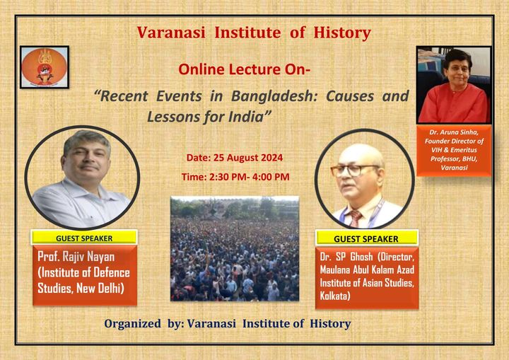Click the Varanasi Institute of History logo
(x=45, y=67)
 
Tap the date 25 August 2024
(x=248, y=158)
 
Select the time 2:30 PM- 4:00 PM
(x=250, y=177)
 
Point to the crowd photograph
(x=235, y=248)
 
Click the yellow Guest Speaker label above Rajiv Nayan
(x=84, y=238)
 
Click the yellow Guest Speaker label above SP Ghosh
(x=366, y=239)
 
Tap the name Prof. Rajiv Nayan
(x=76, y=257)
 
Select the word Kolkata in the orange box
(x=334, y=296)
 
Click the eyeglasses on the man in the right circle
(x=354, y=170)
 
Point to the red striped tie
(x=355, y=219)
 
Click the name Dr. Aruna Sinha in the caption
(x=454, y=132)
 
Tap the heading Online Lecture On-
(x=244, y=69)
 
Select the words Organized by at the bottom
(x=144, y=324)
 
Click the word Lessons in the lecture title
(x=173, y=117)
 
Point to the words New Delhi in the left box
(x=100, y=288)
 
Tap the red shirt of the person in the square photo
(x=453, y=105)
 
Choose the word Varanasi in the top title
(x=171, y=33)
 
